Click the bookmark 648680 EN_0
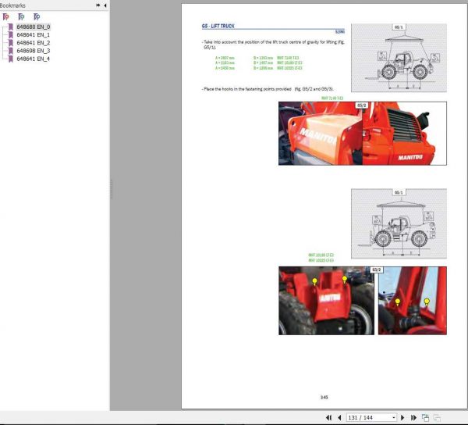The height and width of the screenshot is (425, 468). click(33, 27)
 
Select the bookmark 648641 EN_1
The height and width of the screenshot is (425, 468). click(33, 35)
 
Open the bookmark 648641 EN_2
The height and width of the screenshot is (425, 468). click(33, 43)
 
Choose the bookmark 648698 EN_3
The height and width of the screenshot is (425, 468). click(33, 51)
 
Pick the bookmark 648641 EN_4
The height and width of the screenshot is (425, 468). click(33, 59)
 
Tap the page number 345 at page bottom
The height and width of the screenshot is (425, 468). click(324, 397)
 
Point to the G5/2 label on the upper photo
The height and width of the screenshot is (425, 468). click(362, 105)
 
